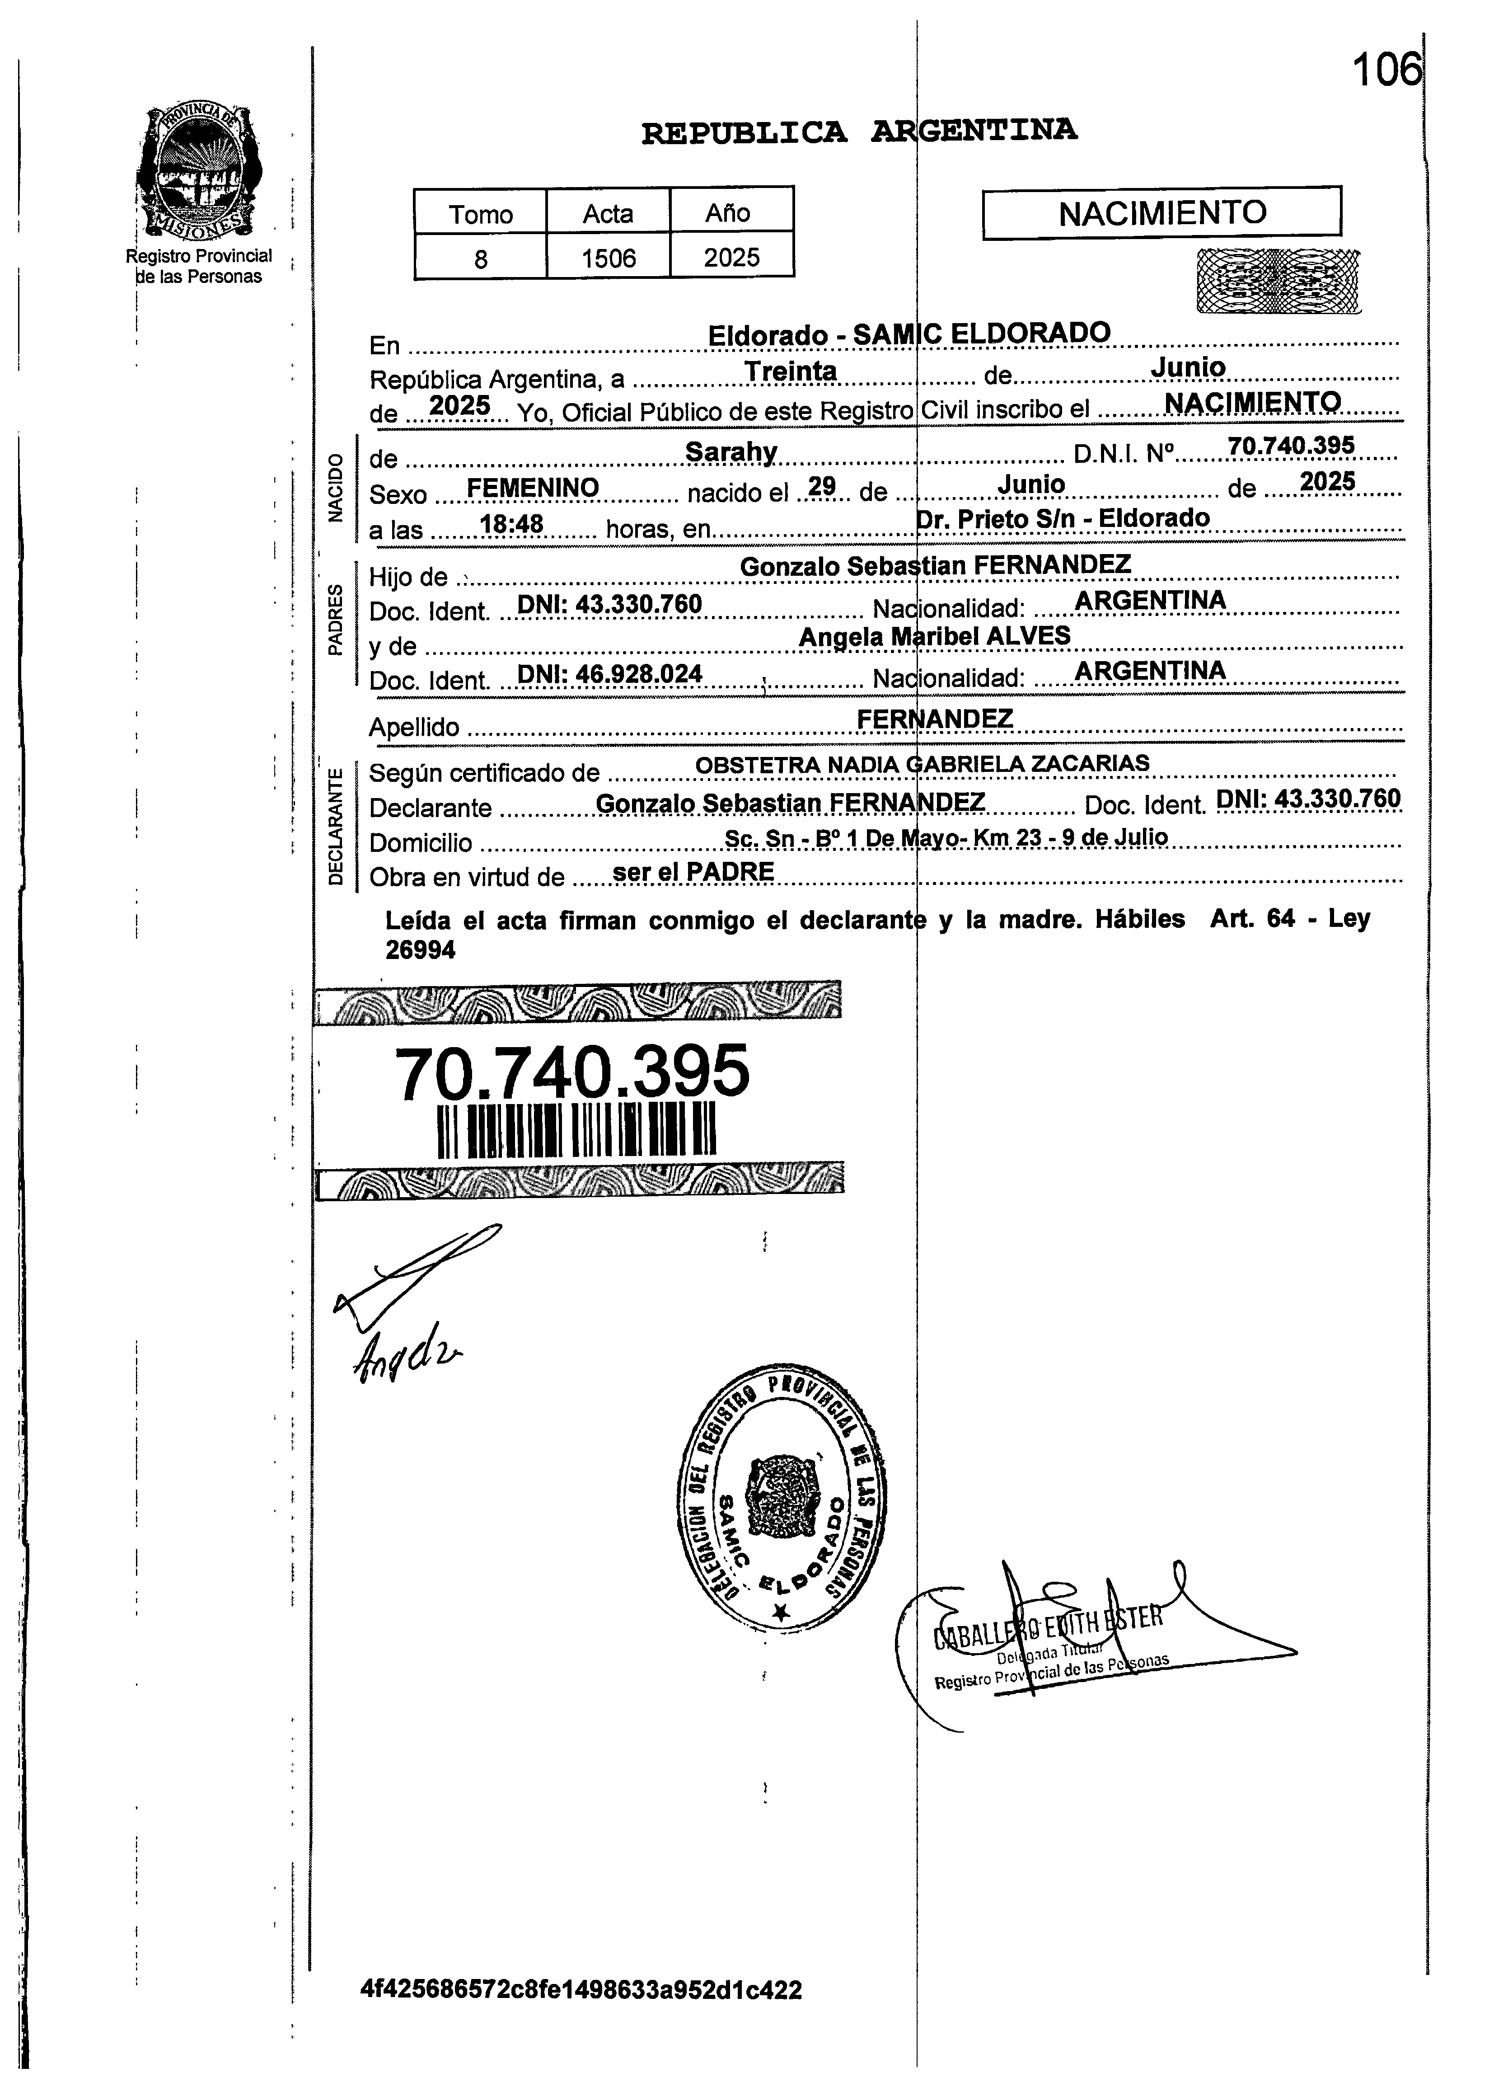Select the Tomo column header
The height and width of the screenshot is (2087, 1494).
[480, 214]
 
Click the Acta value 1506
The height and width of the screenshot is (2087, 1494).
[608, 258]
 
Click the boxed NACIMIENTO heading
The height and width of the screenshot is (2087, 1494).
[1162, 213]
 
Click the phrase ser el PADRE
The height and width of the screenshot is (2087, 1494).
[693, 871]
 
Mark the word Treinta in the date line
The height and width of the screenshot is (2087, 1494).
[790, 372]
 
